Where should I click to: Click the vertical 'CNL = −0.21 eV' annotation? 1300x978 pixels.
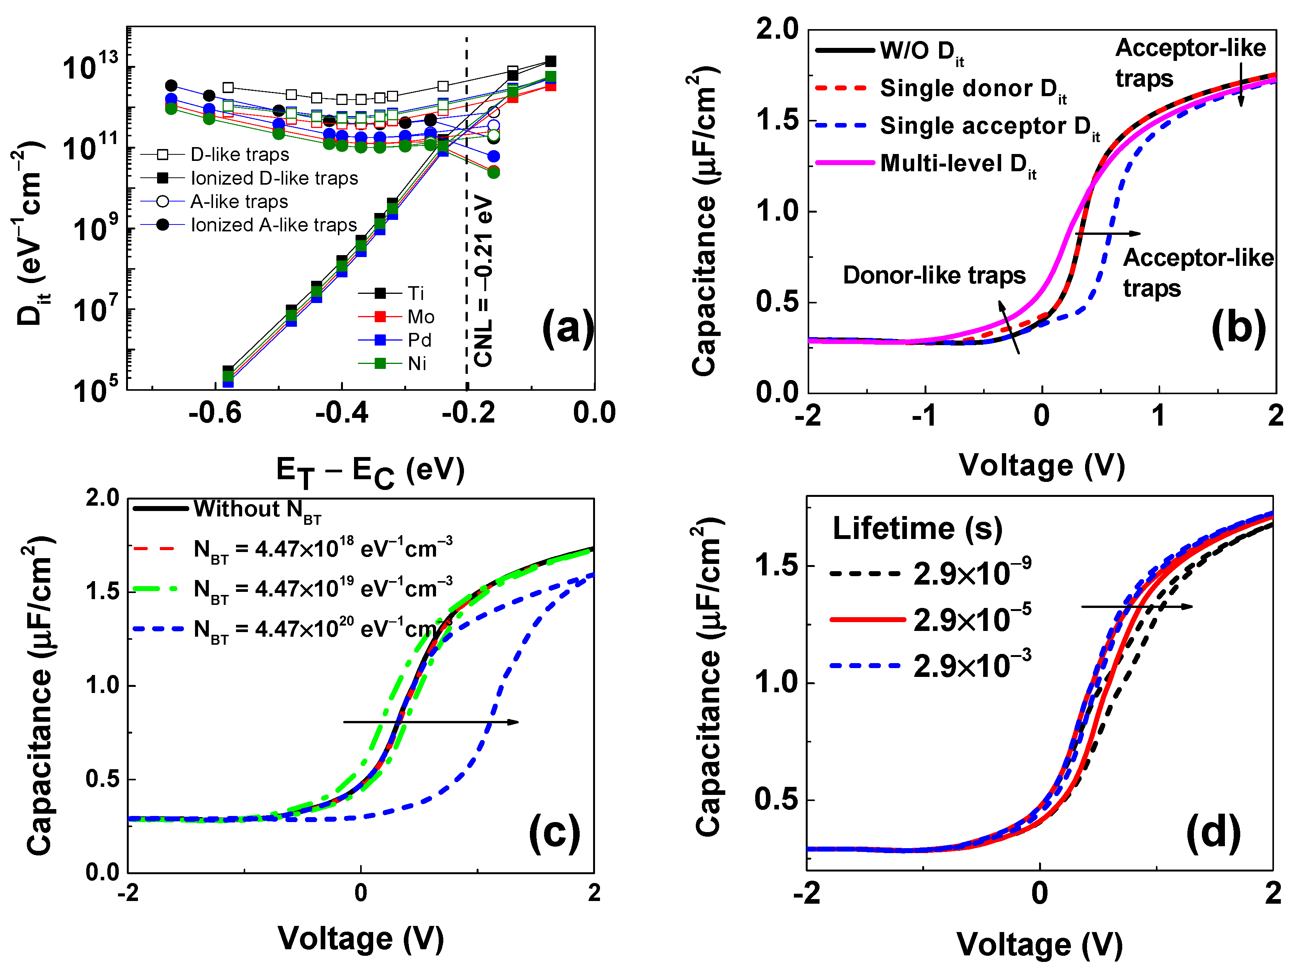click(x=484, y=281)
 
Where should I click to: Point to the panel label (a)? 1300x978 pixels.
click(x=567, y=328)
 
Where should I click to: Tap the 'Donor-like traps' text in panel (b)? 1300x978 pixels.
click(x=934, y=275)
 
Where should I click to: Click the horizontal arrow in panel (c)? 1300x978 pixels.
click(x=431, y=722)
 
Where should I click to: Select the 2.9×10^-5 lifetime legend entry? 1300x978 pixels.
click(x=972, y=619)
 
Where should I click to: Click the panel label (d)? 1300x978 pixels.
click(x=1213, y=834)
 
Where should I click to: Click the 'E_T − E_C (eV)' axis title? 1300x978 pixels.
click(x=370, y=472)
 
